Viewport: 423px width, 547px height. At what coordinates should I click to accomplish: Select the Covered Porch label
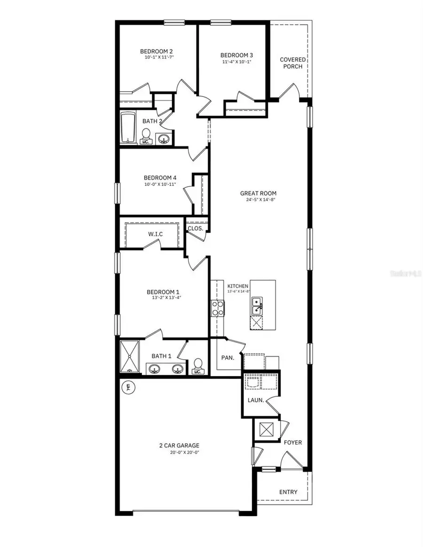click(x=292, y=63)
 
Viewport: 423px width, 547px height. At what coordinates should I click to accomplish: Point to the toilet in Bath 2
click(x=146, y=136)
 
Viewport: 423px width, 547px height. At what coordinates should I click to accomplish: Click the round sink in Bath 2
click(x=164, y=139)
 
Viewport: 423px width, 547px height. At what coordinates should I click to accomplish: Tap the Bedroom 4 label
click(x=160, y=177)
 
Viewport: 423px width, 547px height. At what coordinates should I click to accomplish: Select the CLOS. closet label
click(x=195, y=229)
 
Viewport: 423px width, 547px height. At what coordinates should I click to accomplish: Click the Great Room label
click(x=258, y=193)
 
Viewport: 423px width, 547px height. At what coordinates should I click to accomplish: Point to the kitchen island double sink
click(x=257, y=305)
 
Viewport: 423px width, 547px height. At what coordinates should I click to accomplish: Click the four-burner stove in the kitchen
click(x=218, y=308)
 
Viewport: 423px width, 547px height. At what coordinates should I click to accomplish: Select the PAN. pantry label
click(x=227, y=358)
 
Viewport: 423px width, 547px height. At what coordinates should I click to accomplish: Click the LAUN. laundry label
click(x=256, y=400)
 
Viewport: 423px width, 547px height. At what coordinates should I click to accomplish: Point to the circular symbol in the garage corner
click(x=127, y=387)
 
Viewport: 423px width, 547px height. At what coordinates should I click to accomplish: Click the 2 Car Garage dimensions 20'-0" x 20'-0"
click(x=178, y=453)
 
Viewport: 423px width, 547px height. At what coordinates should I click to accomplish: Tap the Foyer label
click(x=293, y=442)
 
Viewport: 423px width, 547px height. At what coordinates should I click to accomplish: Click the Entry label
click(x=288, y=492)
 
